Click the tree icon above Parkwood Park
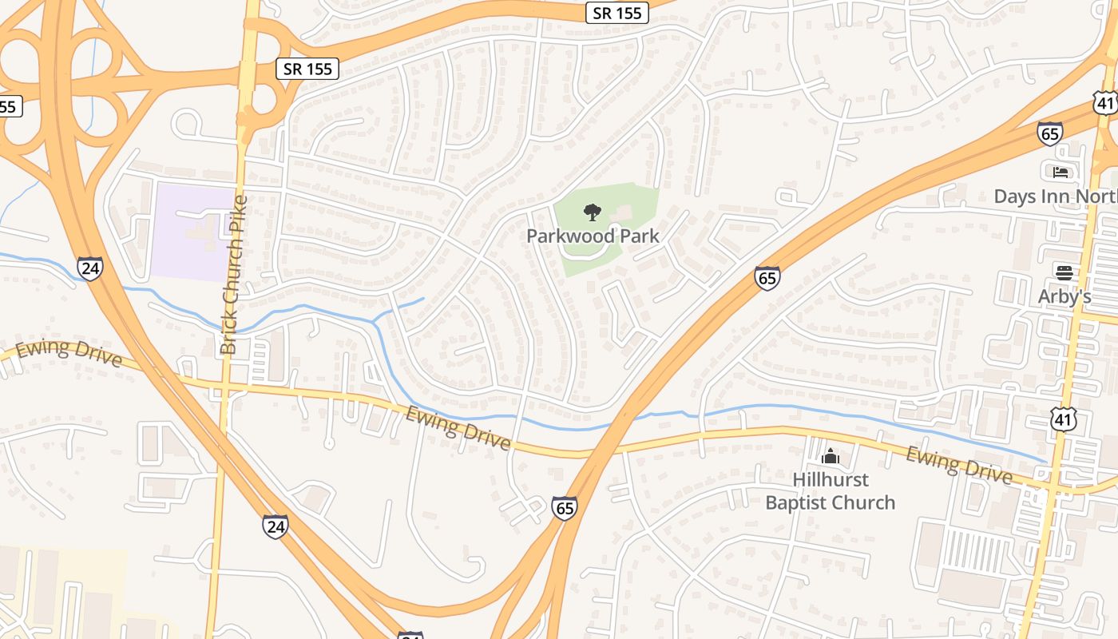[x=592, y=212]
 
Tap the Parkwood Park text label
[x=593, y=236]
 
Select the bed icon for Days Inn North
[x=1061, y=172]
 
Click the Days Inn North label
[x=1054, y=196]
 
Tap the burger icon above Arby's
[x=1064, y=272]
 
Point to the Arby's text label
[x=1064, y=296]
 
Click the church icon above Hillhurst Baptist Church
[x=831, y=457]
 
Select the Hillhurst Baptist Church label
[x=831, y=491]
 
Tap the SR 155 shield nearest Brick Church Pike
[x=308, y=69]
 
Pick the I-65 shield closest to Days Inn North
[x=1049, y=133]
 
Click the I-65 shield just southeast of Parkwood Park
[x=767, y=278]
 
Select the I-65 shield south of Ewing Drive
[x=564, y=508]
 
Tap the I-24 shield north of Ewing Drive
[x=90, y=268]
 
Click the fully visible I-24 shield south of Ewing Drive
[x=275, y=526]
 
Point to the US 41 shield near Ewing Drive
[x=1064, y=419]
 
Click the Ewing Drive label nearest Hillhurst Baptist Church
[x=958, y=464]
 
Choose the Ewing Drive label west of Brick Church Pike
[x=69, y=353]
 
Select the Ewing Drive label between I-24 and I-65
[x=458, y=428]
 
